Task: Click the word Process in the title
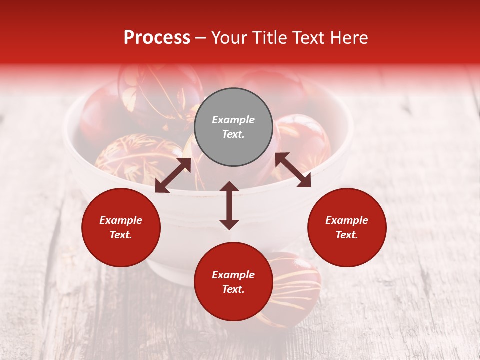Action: (157, 38)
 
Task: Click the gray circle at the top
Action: (233, 127)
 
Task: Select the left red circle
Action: (121, 227)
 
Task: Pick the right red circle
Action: (347, 227)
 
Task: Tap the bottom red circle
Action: (233, 282)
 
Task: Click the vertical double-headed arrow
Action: (229, 205)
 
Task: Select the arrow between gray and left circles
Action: (173, 175)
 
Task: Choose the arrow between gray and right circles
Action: (293, 170)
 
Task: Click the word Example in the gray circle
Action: (233, 120)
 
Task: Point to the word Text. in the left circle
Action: (121, 235)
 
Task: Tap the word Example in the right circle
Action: (347, 220)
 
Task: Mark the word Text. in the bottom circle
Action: (233, 289)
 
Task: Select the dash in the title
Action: (201, 38)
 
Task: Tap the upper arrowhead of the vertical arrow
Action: (229, 187)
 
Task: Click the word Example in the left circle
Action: (121, 220)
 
